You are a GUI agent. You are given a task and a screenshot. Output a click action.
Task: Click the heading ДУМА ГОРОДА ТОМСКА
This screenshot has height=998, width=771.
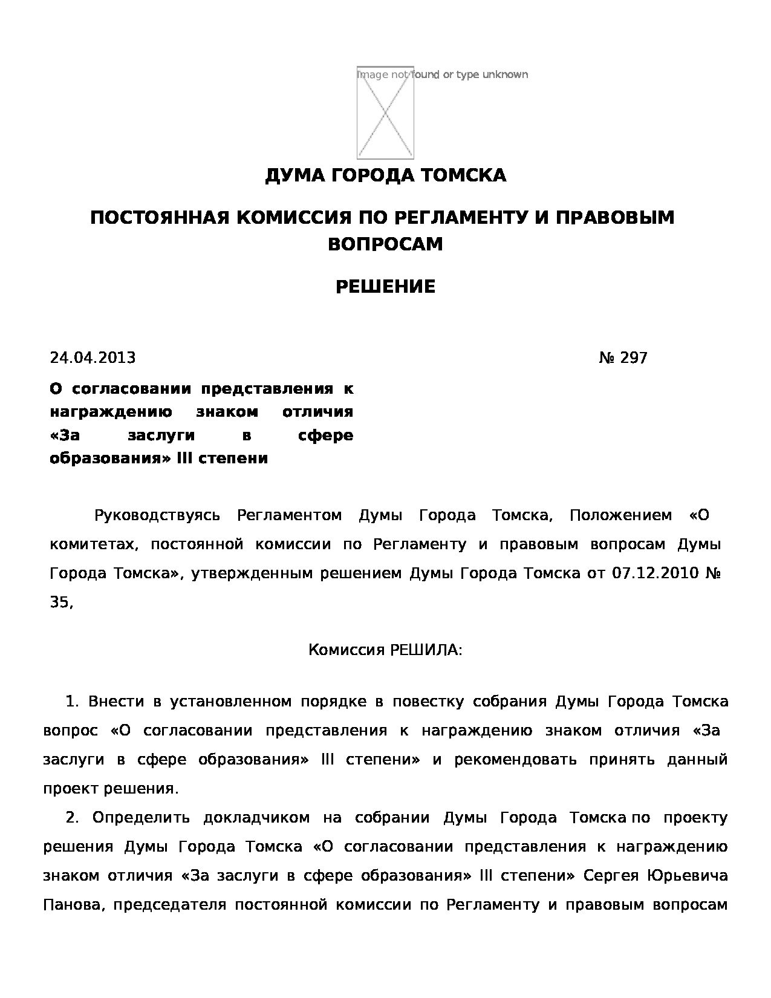pos(385,175)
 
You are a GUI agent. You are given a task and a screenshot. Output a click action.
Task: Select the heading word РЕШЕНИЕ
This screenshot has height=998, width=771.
pos(385,287)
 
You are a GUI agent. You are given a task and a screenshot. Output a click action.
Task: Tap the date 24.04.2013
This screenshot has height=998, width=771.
pos(93,358)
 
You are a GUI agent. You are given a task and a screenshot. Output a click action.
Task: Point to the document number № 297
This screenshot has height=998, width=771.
pos(623,358)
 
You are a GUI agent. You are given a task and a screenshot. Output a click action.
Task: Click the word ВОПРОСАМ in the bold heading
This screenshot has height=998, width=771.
pos(385,244)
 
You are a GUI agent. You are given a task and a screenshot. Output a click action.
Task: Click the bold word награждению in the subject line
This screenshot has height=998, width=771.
pos(111,412)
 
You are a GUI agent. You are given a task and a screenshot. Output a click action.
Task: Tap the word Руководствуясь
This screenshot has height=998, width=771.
pos(157,516)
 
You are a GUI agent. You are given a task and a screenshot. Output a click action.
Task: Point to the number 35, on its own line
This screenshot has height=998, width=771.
pos(61,602)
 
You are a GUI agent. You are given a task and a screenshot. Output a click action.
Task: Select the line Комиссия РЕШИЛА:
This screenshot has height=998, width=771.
pos(385,650)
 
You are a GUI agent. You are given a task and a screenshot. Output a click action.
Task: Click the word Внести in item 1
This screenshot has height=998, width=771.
pos(116,702)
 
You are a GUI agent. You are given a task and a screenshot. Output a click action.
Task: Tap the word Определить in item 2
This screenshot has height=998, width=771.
pos(141,818)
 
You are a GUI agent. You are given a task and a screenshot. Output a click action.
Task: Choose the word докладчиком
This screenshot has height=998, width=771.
pos(256,818)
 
